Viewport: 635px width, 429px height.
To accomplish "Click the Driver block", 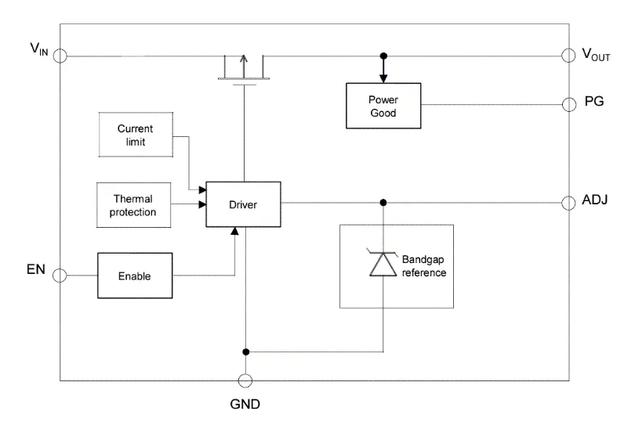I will point(243,205).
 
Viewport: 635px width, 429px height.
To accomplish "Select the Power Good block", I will point(383,106).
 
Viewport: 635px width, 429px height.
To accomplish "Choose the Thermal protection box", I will point(135,205).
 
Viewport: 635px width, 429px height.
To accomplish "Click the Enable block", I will point(134,276).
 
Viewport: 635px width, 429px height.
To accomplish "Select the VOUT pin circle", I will point(570,56).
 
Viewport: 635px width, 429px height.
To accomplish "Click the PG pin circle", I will point(570,103).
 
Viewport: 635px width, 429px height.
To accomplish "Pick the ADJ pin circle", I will point(570,203).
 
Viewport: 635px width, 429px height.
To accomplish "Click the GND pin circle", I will point(245,380).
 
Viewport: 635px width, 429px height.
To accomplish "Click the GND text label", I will point(245,405).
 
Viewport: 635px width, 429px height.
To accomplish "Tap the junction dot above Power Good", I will point(383,56).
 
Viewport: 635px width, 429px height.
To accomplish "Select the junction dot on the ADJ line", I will point(383,203).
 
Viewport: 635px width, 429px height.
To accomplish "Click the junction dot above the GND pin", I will point(245,351).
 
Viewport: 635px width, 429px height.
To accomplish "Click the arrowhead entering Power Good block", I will point(383,78).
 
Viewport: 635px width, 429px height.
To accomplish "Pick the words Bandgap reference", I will point(424,265).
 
